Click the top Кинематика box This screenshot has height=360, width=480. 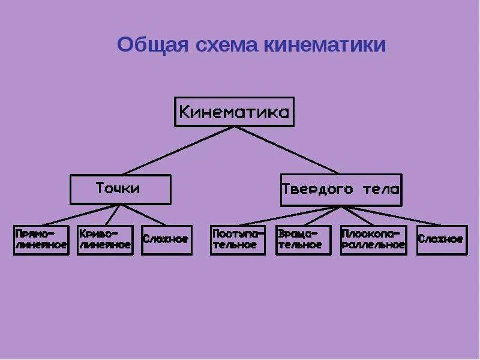(234, 112)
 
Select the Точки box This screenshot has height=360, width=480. (120, 189)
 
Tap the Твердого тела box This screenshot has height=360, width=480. (341, 190)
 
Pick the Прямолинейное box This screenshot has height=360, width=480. (41, 239)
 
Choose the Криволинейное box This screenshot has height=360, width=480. (104, 239)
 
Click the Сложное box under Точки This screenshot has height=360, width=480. (167, 239)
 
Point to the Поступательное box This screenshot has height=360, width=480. (238, 239)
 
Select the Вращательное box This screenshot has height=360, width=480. (303, 239)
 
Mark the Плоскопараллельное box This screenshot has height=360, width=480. (373, 239)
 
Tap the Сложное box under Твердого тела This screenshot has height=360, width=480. (442, 239)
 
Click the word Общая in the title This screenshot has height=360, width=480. (151, 46)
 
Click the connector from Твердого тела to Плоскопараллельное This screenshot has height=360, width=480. (357, 215)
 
